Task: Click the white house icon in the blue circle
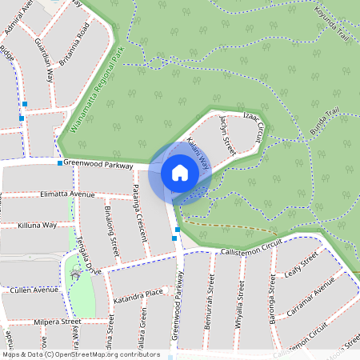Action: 180,173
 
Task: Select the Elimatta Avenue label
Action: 66,194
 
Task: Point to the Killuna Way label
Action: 38,226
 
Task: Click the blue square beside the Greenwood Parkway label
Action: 59,163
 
